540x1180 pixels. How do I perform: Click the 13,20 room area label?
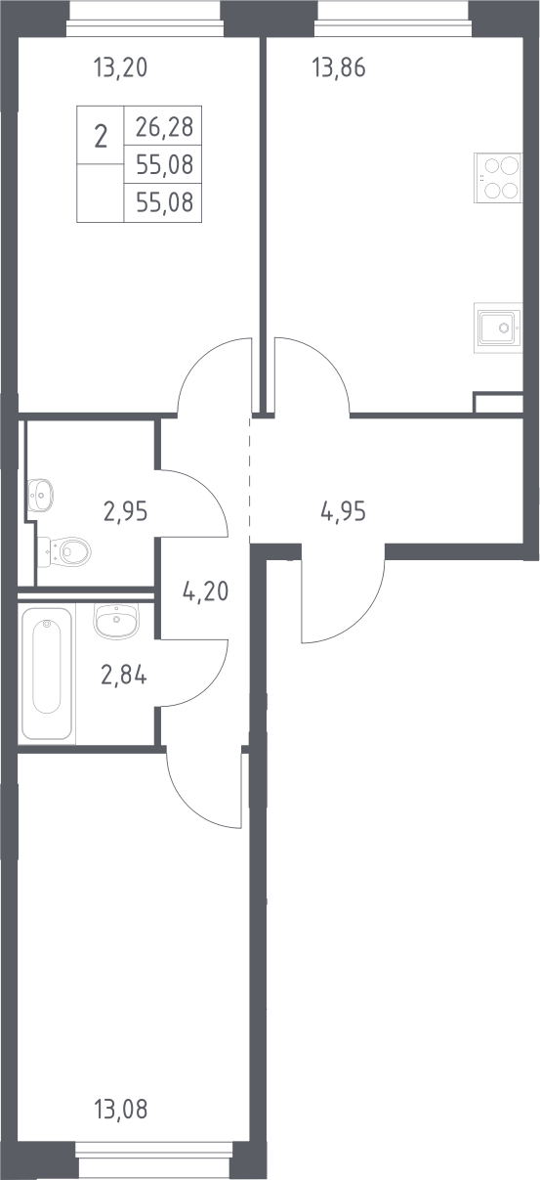coord(120,68)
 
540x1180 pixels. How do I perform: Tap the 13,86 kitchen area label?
coord(339,68)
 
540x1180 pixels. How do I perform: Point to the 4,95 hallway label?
coord(343,511)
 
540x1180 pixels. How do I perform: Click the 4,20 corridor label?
coord(205,591)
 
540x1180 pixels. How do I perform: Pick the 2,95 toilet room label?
coord(126,511)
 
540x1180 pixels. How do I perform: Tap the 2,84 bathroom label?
coord(124,675)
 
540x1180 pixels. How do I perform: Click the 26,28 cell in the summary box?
coord(164,127)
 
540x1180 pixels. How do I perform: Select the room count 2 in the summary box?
coord(101,137)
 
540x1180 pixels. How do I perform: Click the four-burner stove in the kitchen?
coord(498,178)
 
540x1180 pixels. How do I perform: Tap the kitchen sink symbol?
coord(498,328)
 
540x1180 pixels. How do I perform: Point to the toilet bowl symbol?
coord(64,552)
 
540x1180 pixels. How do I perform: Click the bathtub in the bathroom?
coord(46,674)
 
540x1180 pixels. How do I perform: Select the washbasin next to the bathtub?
coord(116,622)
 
